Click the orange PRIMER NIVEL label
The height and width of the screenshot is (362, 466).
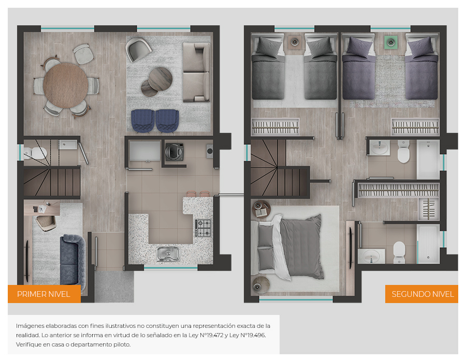(x=44, y=294)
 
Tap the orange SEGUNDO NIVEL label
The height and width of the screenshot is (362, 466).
(x=421, y=294)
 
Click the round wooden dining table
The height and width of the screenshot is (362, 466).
(x=66, y=85)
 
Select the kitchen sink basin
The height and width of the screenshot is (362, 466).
(x=168, y=254)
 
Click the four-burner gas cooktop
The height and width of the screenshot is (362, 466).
(x=203, y=228)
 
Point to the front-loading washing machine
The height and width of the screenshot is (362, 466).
(x=174, y=152)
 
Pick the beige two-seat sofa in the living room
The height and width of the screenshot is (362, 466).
(x=196, y=72)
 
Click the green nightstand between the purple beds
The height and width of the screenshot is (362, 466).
(x=390, y=42)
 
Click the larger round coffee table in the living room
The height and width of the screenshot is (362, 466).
(x=161, y=79)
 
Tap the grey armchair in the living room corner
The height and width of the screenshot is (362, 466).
(x=138, y=49)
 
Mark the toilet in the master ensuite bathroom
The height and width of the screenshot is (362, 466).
(x=399, y=252)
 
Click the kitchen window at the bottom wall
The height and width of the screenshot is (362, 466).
(x=171, y=268)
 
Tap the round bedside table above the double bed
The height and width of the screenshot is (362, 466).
(x=261, y=209)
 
